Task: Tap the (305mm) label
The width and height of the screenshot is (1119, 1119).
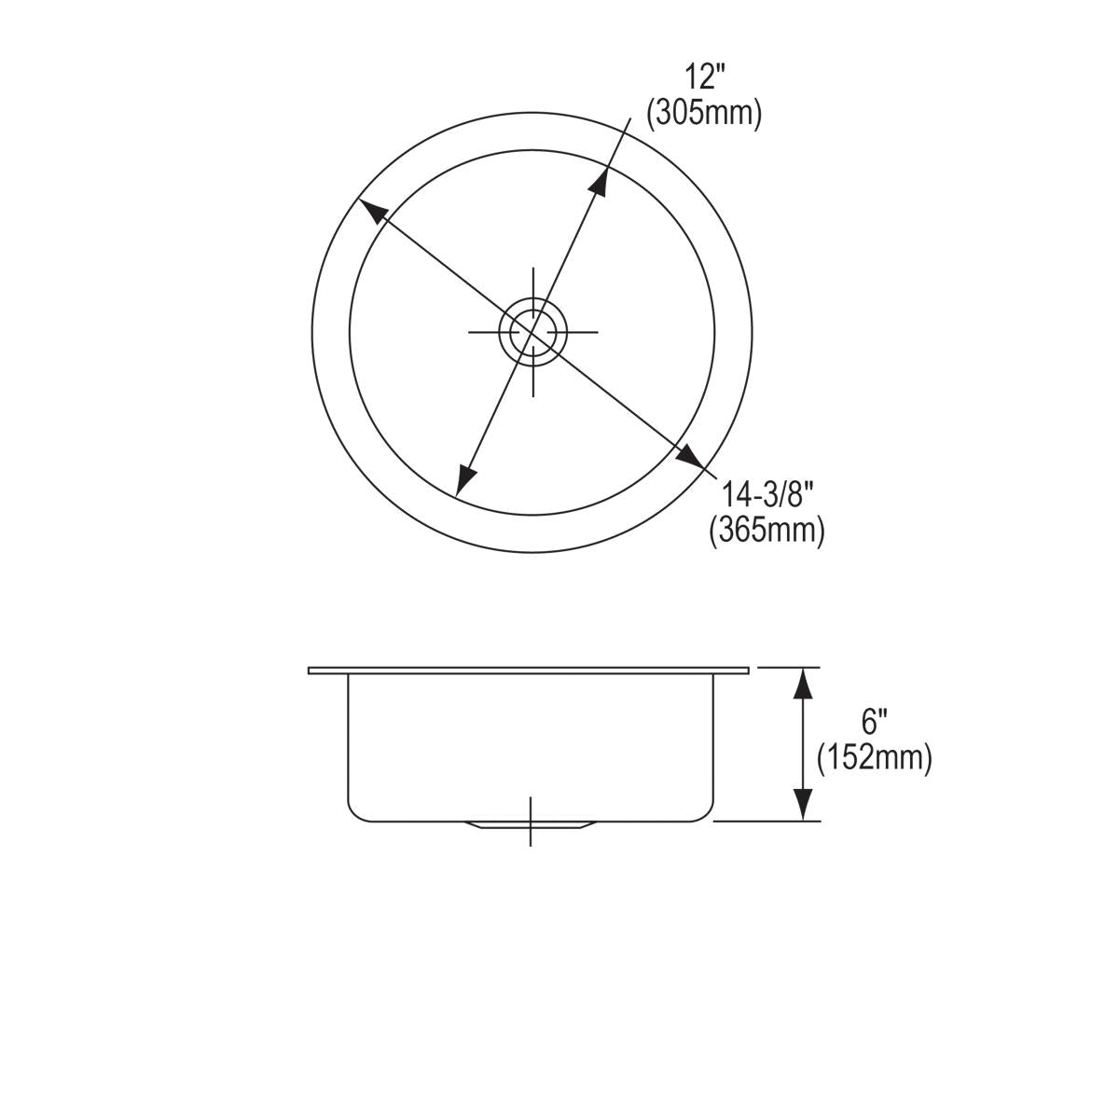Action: [x=705, y=113]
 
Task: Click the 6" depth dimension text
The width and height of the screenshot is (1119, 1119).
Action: [x=874, y=722]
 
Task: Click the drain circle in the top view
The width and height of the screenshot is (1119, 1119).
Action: [x=532, y=331]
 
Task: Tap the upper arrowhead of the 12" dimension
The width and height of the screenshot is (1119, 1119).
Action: [x=600, y=181]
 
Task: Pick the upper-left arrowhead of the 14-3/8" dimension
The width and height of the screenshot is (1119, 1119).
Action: [x=372, y=213]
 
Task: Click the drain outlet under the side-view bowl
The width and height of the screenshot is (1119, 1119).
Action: [x=530, y=826]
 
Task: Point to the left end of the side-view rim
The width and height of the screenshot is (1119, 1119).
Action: [x=311, y=670]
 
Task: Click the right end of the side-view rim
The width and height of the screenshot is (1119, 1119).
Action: [x=747, y=670]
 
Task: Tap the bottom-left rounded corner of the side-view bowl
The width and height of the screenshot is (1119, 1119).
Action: [x=355, y=814]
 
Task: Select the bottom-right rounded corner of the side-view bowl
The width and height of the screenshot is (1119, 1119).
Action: [x=707, y=814]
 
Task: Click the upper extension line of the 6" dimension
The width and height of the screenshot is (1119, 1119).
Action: [x=789, y=668]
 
